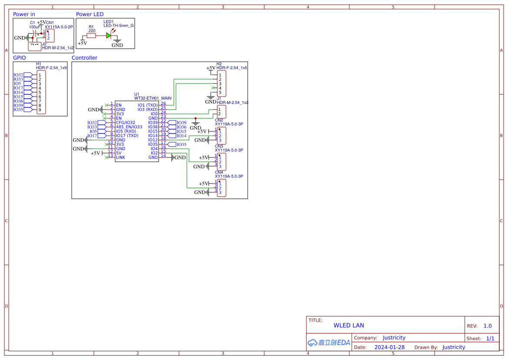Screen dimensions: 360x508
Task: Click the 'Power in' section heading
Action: tap(24, 14)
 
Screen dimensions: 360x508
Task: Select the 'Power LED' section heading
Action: tap(90, 14)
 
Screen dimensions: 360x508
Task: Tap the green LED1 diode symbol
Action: tap(109, 36)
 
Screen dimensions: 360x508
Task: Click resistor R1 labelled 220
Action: tap(91, 36)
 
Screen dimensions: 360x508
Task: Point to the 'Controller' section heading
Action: tap(84, 58)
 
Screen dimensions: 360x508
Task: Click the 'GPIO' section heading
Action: tap(19, 58)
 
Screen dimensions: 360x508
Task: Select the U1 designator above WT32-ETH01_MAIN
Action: tap(136, 94)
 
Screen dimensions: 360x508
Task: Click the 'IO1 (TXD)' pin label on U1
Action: tap(147, 105)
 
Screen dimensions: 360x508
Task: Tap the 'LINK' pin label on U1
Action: tap(120, 157)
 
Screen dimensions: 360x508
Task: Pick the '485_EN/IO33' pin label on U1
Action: tap(129, 127)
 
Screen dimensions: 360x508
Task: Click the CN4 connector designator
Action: tap(219, 173)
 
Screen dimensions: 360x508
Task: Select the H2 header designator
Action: tap(219, 64)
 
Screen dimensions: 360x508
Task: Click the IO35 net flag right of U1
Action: tap(181, 144)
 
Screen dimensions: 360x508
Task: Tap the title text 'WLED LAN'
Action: tap(349, 325)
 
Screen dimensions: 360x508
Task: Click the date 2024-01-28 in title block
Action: tap(389, 347)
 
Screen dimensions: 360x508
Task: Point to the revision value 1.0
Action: tap(487, 326)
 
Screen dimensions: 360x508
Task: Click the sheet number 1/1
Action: tap(490, 338)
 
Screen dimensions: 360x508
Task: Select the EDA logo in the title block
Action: tap(329, 343)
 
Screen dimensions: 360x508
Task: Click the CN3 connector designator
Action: tap(219, 147)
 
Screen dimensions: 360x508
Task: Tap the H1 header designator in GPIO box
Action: tap(38, 64)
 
